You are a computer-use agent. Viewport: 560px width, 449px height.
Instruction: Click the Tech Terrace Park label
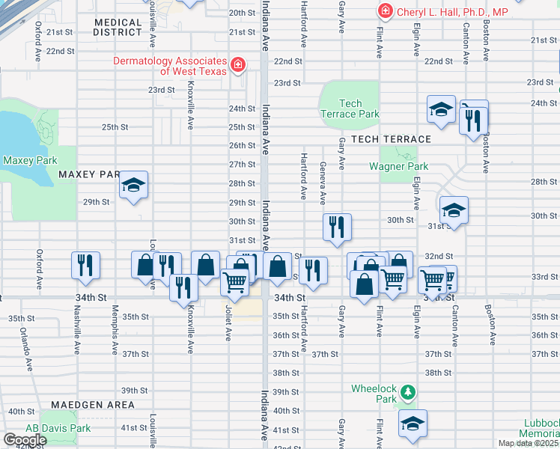tap(350, 109)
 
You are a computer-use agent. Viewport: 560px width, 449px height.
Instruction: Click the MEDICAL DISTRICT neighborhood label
tap(118, 28)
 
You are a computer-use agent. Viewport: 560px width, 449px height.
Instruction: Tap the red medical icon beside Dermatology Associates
tap(238, 65)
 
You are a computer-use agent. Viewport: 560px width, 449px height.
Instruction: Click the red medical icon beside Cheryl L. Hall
tap(385, 11)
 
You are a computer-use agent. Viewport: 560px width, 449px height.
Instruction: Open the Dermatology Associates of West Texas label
tap(171, 66)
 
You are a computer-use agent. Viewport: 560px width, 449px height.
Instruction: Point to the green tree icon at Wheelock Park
tap(407, 391)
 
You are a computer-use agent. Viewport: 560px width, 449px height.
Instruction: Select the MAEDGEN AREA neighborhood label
tap(94, 405)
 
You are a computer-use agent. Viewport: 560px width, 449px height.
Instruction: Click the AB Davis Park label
tap(49, 428)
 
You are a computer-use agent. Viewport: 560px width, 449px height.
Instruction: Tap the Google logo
tap(25, 440)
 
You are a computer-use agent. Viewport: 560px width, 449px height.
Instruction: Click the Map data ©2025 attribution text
tap(527, 443)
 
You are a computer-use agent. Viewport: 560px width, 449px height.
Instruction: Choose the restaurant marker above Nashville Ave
tap(85, 265)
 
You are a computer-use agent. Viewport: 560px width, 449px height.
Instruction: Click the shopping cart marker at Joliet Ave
tap(234, 282)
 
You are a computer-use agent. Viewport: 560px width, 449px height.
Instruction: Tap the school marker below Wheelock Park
tap(413, 424)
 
